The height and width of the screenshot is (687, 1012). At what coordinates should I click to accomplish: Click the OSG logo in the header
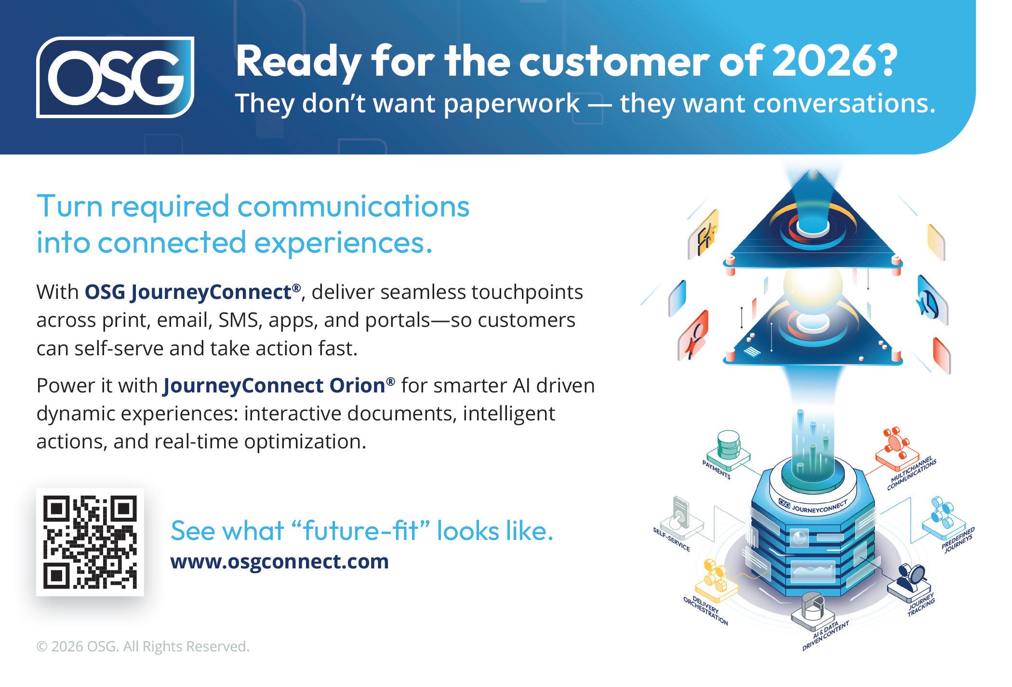(x=115, y=77)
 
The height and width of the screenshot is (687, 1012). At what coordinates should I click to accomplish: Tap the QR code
(x=90, y=542)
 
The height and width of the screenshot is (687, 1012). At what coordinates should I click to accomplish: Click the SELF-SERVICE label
(x=671, y=539)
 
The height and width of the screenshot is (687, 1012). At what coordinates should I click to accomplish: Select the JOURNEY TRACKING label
(x=921, y=605)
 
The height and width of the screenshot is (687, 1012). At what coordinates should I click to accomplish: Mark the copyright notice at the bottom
(x=143, y=647)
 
